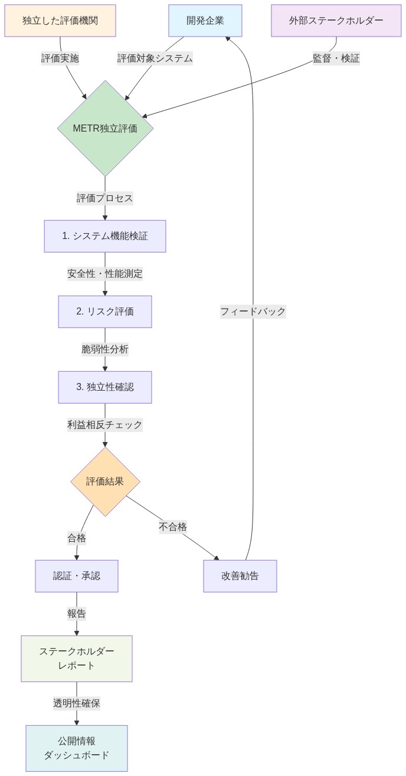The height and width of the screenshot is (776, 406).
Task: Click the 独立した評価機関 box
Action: pyautogui.click(x=60, y=21)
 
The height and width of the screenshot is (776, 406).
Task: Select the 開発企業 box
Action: pyautogui.click(x=205, y=21)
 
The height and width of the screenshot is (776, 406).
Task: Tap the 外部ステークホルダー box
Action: pyautogui.click(x=336, y=21)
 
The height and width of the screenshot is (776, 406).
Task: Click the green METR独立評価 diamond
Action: pyautogui.click(x=105, y=128)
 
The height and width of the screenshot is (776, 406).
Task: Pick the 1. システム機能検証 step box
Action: pyautogui.click(x=105, y=236)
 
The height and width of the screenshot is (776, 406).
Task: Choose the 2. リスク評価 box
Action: pyautogui.click(x=105, y=312)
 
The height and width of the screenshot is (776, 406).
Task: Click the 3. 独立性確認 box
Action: pyautogui.click(x=105, y=387)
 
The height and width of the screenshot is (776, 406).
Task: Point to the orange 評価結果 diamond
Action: pyautogui.click(x=105, y=482)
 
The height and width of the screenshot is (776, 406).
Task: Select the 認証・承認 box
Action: pyautogui.click(x=77, y=576)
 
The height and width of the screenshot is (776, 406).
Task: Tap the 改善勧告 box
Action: pyautogui.click(x=240, y=576)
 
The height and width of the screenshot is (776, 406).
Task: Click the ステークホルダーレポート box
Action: pyautogui.click(x=77, y=659)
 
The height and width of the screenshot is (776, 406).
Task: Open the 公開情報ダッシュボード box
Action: pyautogui.click(x=77, y=748)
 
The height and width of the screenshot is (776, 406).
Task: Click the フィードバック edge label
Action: pyautogui.click(x=253, y=312)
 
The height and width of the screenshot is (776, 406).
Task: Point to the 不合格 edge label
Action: pyautogui.click(x=173, y=527)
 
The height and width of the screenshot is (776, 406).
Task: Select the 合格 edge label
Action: pyautogui.click(x=77, y=538)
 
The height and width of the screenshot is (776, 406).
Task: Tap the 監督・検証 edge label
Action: pyautogui.click(x=336, y=58)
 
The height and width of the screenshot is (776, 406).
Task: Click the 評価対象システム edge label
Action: pyautogui.click(x=155, y=58)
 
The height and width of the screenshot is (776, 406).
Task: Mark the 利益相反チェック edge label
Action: pyautogui.click(x=105, y=425)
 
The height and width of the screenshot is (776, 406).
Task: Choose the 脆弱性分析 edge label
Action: pyautogui.click(x=105, y=349)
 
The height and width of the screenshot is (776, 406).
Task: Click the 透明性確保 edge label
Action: pyautogui.click(x=77, y=703)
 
